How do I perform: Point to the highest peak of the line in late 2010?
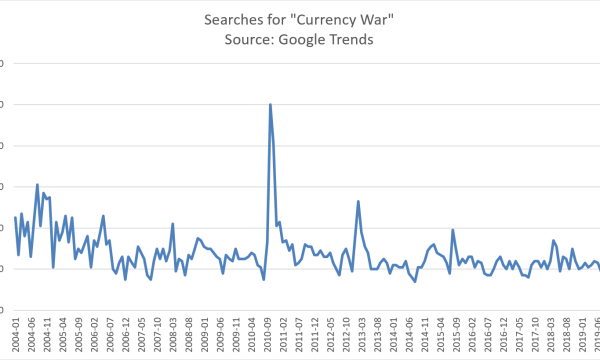click(x=270, y=104)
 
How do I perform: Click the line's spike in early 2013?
click(x=358, y=201)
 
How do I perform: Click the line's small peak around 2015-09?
click(x=453, y=230)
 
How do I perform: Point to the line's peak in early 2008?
click(x=173, y=223)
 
